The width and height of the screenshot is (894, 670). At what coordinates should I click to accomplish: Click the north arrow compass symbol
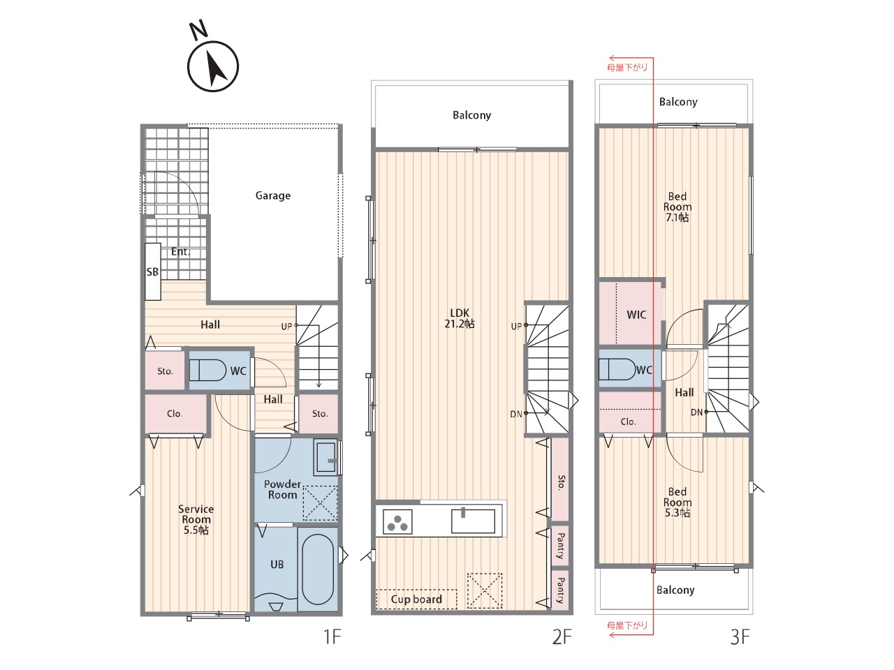click(x=212, y=66)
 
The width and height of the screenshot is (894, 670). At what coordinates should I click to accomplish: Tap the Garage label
click(x=273, y=195)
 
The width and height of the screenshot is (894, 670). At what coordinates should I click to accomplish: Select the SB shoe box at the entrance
click(x=153, y=271)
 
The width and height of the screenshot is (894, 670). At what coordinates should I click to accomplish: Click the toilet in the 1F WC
click(x=207, y=370)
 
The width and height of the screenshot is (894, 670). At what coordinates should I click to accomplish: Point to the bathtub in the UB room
click(x=318, y=569)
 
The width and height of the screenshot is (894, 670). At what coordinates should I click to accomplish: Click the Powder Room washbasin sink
click(x=326, y=457)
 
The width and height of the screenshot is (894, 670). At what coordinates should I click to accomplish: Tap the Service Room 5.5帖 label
click(x=196, y=519)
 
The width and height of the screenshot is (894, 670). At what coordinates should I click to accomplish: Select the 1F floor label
click(x=332, y=636)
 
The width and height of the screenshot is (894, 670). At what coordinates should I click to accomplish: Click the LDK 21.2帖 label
click(x=460, y=318)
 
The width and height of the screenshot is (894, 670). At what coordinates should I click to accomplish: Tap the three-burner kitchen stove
click(x=397, y=522)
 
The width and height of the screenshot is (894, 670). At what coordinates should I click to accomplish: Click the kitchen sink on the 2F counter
click(x=473, y=521)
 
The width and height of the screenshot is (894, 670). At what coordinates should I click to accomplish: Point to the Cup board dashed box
click(x=416, y=600)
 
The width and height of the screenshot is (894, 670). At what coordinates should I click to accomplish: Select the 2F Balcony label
click(x=471, y=115)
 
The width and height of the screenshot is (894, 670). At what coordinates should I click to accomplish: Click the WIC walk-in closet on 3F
click(x=630, y=313)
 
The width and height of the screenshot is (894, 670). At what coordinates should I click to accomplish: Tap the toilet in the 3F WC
click(x=617, y=369)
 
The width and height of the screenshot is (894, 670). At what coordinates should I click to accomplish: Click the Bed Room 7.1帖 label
click(x=677, y=207)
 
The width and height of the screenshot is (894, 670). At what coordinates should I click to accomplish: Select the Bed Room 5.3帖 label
click(x=677, y=502)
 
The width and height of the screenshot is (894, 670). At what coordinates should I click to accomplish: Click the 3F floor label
click(x=740, y=637)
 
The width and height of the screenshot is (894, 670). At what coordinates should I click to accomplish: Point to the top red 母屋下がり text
click(x=626, y=68)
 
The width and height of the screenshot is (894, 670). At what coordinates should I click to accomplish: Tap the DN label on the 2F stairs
click(x=516, y=414)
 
